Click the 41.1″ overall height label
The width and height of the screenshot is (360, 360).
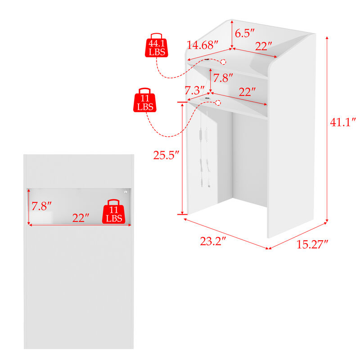tap(343, 122)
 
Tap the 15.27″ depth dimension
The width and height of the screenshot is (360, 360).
tap(312, 244)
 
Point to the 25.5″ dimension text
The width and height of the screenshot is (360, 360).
tap(166, 155)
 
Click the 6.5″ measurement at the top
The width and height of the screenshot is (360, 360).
tap(245, 33)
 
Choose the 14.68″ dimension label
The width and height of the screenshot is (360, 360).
tap(202, 45)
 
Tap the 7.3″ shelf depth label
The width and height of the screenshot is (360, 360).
tap(195, 90)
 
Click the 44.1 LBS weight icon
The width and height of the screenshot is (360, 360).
tap(156, 45)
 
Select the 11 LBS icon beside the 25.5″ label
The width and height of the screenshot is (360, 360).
tap(144, 100)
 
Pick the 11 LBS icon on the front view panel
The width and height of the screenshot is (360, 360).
tap(114, 211)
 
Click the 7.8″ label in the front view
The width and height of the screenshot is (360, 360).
tap(41, 206)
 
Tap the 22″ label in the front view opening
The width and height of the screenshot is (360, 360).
tap(81, 218)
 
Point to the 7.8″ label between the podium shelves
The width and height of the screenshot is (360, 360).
tap(223, 78)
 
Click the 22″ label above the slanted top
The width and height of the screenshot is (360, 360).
tap(264, 46)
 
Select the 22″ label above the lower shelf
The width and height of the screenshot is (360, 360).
tap(247, 92)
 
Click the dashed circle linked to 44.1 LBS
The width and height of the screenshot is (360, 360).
tap(223, 62)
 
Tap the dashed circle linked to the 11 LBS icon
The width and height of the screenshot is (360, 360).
tap(218, 103)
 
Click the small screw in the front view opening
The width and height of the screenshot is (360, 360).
tap(126, 192)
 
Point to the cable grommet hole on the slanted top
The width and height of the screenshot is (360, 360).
tap(207, 59)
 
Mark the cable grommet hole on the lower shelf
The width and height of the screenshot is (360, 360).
tap(207, 98)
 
